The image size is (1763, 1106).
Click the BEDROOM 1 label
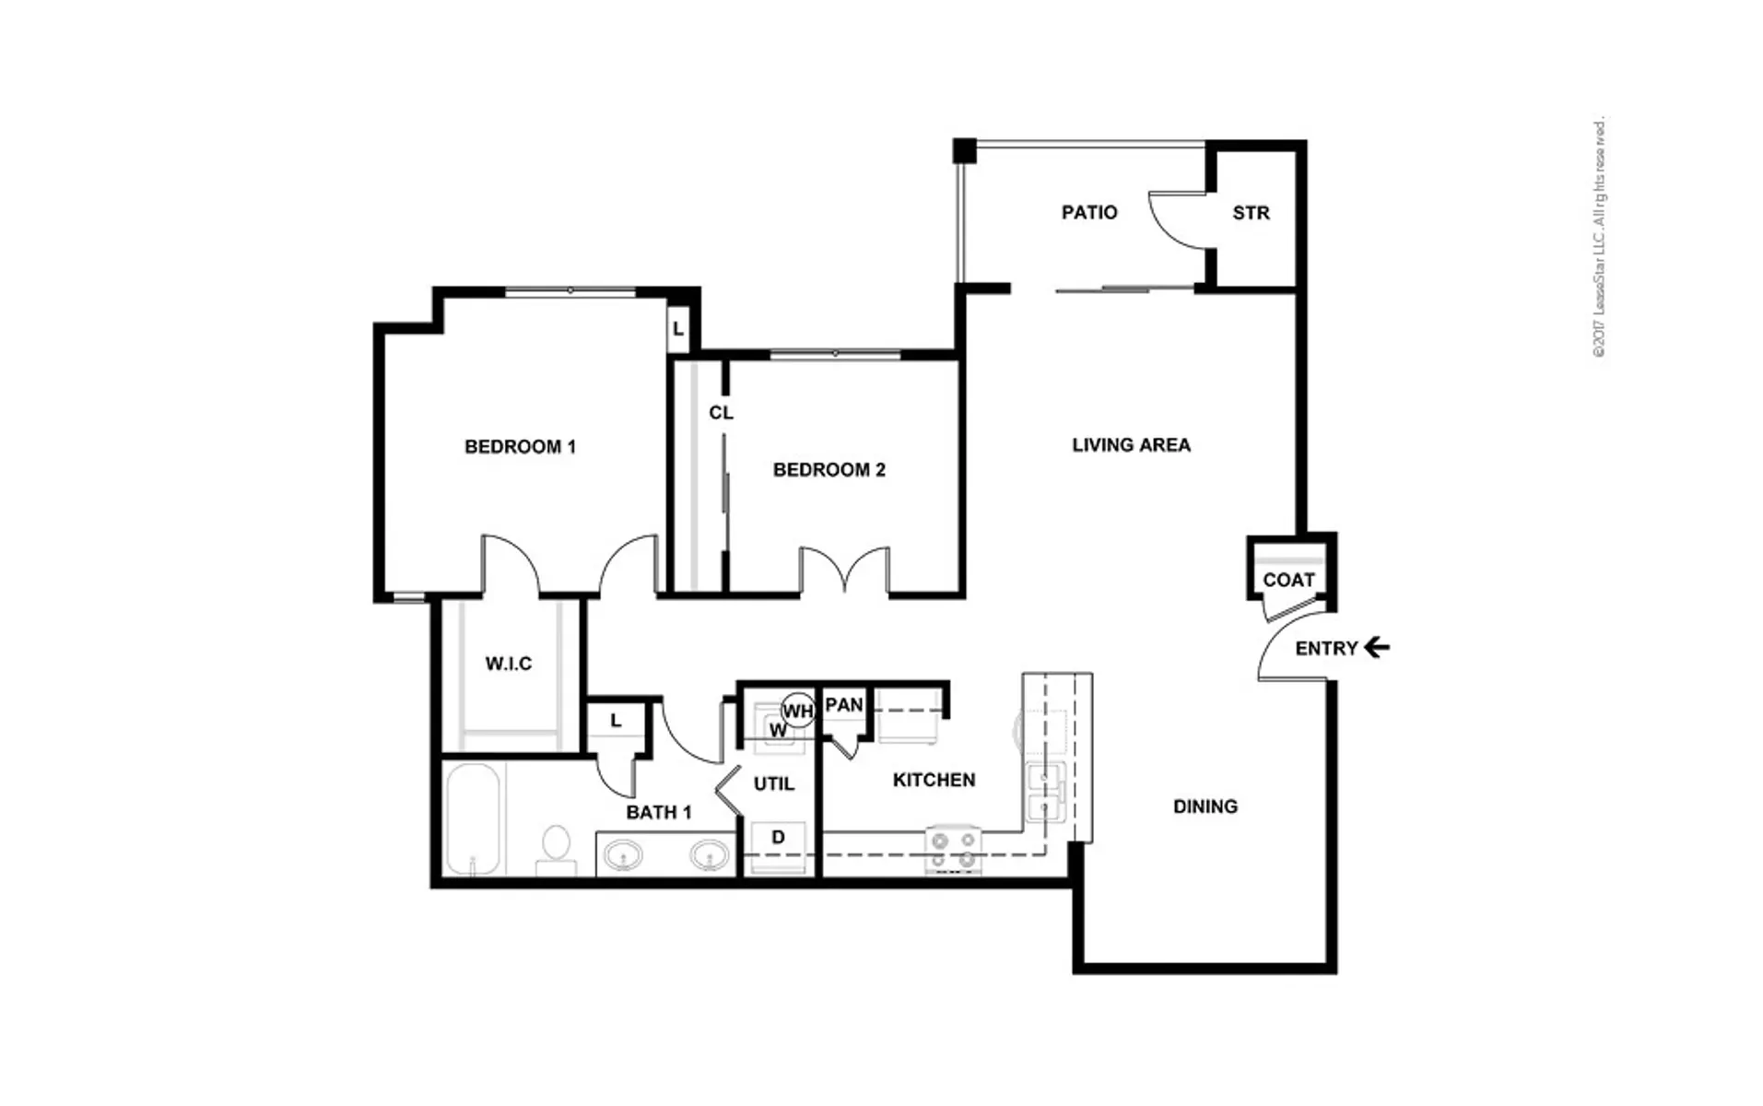[520, 447]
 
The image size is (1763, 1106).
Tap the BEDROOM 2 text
[829, 470]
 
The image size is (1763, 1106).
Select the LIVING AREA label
[1131, 445]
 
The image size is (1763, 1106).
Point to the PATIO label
[1089, 213]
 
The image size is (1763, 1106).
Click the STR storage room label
[1251, 213]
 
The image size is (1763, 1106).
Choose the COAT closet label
[1287, 580]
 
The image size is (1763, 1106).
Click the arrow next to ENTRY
[1377, 648]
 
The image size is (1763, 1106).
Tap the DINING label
[1205, 806]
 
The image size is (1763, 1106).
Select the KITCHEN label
[934, 780]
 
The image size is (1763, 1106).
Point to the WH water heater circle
[798, 711]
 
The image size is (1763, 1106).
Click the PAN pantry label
[843, 705]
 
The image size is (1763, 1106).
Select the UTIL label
[773, 784]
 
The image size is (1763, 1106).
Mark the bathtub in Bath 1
[474, 819]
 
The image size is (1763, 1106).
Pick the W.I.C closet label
[508, 664]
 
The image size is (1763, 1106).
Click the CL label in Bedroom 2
[721, 413]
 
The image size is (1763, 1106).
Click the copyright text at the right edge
[1599, 238]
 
